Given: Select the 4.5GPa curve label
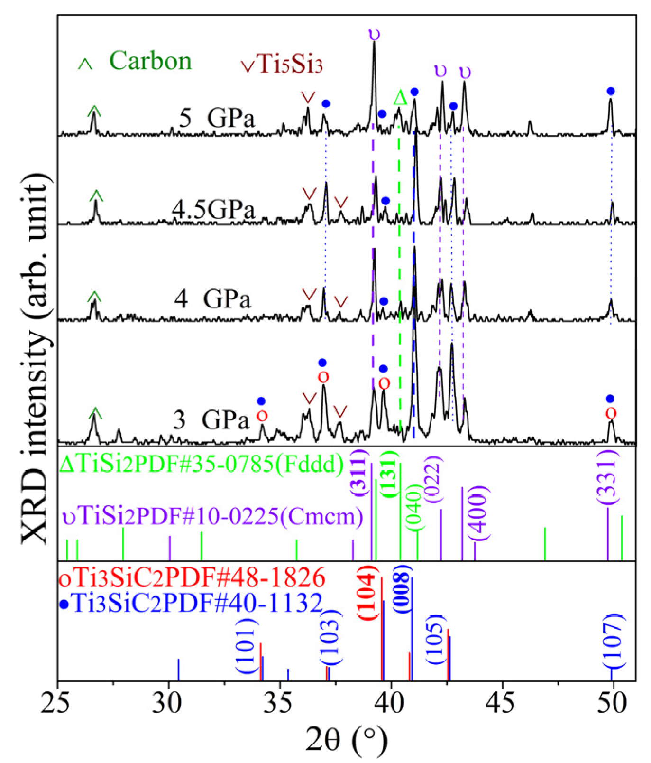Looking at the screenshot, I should click(213, 209).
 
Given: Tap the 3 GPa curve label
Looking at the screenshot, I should click(211, 419).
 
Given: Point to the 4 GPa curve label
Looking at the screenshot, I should click(212, 299).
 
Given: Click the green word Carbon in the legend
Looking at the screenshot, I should click(150, 61).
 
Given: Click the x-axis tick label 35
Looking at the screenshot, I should click(280, 704).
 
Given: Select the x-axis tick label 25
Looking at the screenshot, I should click(58, 704).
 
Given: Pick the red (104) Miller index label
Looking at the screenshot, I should click(369, 593).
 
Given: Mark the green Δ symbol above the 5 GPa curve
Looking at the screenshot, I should click(400, 98).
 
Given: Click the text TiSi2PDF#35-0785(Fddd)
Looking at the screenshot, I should click(202, 465).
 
